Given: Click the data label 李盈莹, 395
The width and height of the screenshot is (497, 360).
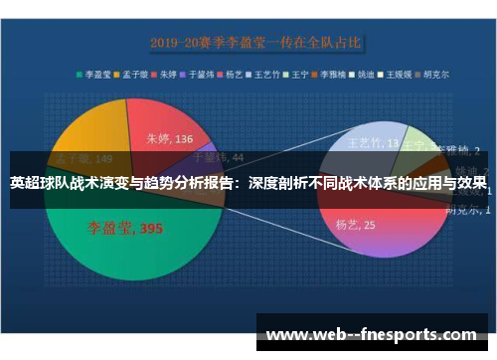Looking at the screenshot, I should click(x=124, y=229).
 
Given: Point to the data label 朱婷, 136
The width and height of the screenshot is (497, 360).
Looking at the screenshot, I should click(x=169, y=139).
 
